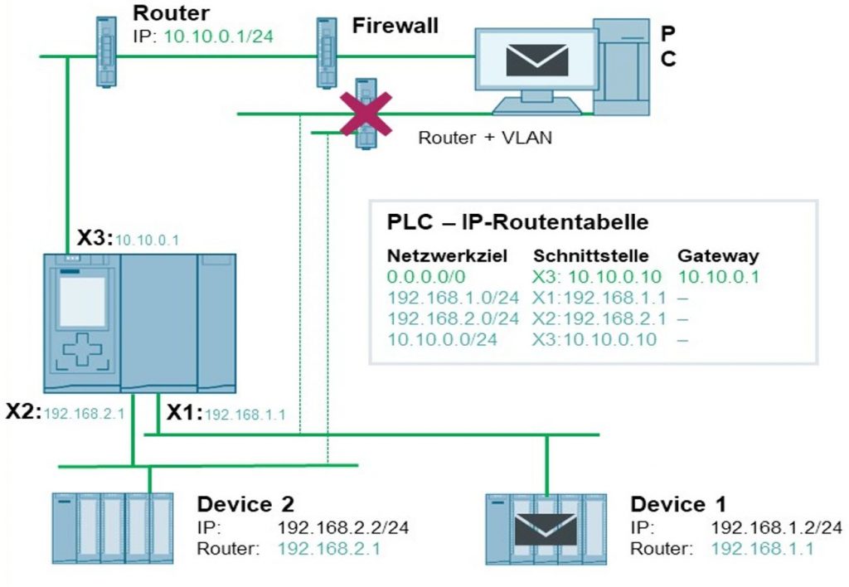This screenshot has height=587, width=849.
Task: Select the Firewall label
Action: click(x=395, y=26)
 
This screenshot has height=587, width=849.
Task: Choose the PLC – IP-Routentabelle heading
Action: click(x=517, y=223)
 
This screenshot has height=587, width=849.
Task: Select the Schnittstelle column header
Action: click(x=590, y=256)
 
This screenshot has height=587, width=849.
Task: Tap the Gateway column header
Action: click(x=718, y=256)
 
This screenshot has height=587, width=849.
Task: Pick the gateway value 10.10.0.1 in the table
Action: click(x=718, y=277)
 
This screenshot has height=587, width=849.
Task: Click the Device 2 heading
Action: click(x=245, y=503)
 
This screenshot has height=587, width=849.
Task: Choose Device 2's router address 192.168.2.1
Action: click(x=330, y=548)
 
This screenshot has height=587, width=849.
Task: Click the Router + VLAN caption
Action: click(x=484, y=138)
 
